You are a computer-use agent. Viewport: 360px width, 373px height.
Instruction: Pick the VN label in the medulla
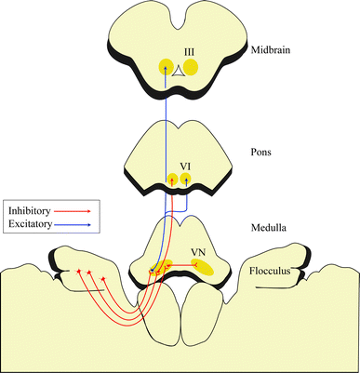[197, 252]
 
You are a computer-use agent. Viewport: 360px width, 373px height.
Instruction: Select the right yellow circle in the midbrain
[190, 67]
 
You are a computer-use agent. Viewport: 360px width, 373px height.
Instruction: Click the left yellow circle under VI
[172, 178]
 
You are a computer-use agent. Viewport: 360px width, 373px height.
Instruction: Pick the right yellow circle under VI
[185, 178]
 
